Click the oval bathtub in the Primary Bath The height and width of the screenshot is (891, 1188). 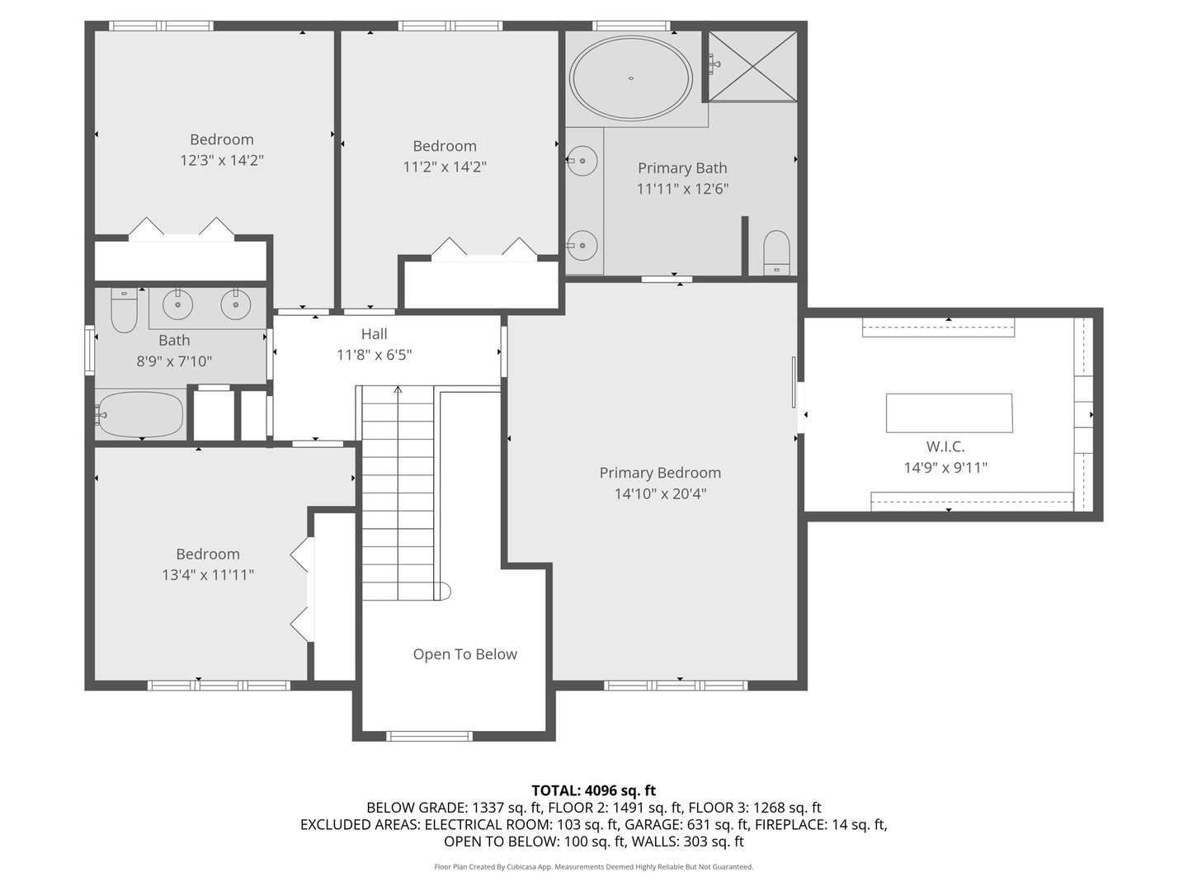tap(631, 78)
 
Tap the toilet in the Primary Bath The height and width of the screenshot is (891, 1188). tap(776, 252)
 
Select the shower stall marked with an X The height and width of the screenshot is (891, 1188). tap(753, 66)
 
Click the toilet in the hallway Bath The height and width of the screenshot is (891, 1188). tap(124, 309)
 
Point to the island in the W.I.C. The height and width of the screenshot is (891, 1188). tap(949, 412)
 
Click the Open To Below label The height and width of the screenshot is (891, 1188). tap(464, 654)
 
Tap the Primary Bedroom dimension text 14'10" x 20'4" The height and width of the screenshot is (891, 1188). tap(660, 494)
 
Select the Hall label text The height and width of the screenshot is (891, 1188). tap(374, 334)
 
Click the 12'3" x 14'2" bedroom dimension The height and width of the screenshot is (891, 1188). tap(221, 160)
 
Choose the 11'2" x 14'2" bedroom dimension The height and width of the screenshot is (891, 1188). tap(445, 167)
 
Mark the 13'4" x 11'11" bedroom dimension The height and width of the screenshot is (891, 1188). tap(208, 575)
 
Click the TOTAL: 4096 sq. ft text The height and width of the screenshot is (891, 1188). tap(593, 790)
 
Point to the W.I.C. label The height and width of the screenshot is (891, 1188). tap(945, 446)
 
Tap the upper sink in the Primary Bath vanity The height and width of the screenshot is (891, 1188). tap(582, 158)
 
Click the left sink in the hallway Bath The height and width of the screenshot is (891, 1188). tap(177, 305)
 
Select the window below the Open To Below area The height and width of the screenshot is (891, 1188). tap(429, 736)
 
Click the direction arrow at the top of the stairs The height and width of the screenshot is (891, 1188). tap(398, 389)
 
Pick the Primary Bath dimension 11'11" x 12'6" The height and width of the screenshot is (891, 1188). tap(682, 189)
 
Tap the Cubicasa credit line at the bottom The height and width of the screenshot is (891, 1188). tap(593, 867)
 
